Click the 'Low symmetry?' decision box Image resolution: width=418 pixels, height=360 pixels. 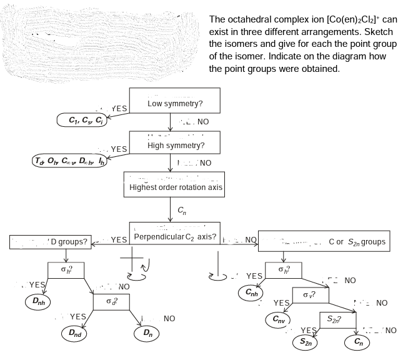pos(175,102)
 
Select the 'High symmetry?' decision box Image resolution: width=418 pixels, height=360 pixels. pos(175,145)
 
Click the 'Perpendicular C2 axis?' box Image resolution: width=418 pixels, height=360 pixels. pos(175,238)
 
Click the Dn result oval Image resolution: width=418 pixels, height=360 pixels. pos(147,332)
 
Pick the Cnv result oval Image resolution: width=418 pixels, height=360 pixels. pos(278,319)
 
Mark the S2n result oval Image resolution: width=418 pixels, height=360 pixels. pos(306,342)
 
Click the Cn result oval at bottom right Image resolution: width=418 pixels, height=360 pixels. pos(358,342)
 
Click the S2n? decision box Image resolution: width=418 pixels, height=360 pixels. pos(334,319)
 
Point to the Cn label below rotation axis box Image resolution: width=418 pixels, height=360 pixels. pos(180,211)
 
